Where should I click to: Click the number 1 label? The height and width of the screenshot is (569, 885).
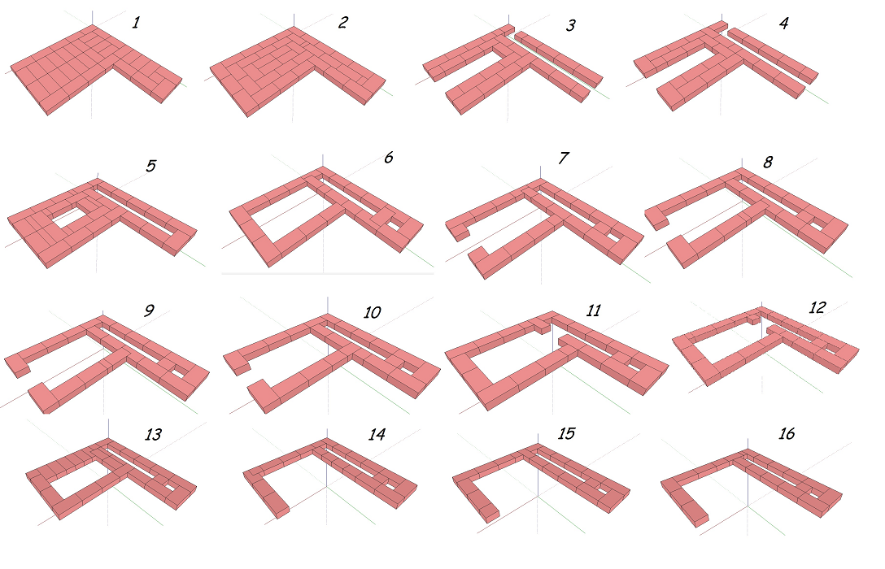tap(136, 23)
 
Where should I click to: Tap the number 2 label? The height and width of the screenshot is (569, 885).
tap(343, 23)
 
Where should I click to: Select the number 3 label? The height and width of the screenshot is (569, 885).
tap(571, 25)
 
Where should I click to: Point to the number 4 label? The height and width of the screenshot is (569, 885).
tap(784, 23)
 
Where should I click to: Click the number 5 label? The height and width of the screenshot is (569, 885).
tap(150, 166)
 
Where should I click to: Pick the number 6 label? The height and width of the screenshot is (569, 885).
tap(388, 158)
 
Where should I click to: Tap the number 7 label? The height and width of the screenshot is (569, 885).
tap(563, 158)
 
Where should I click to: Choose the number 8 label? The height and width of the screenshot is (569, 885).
tap(768, 163)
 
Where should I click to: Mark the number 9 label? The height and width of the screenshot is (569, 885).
tap(149, 311)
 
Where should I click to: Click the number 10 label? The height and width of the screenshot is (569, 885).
tap(372, 312)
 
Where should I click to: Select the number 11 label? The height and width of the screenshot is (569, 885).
tap(593, 311)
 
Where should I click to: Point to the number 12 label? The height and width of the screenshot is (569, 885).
tap(817, 307)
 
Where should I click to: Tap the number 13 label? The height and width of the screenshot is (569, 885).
tap(153, 434)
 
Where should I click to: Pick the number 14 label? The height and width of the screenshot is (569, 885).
tap(377, 434)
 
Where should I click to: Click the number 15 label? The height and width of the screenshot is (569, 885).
tap(566, 433)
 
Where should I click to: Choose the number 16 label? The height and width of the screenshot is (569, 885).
tap(787, 433)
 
